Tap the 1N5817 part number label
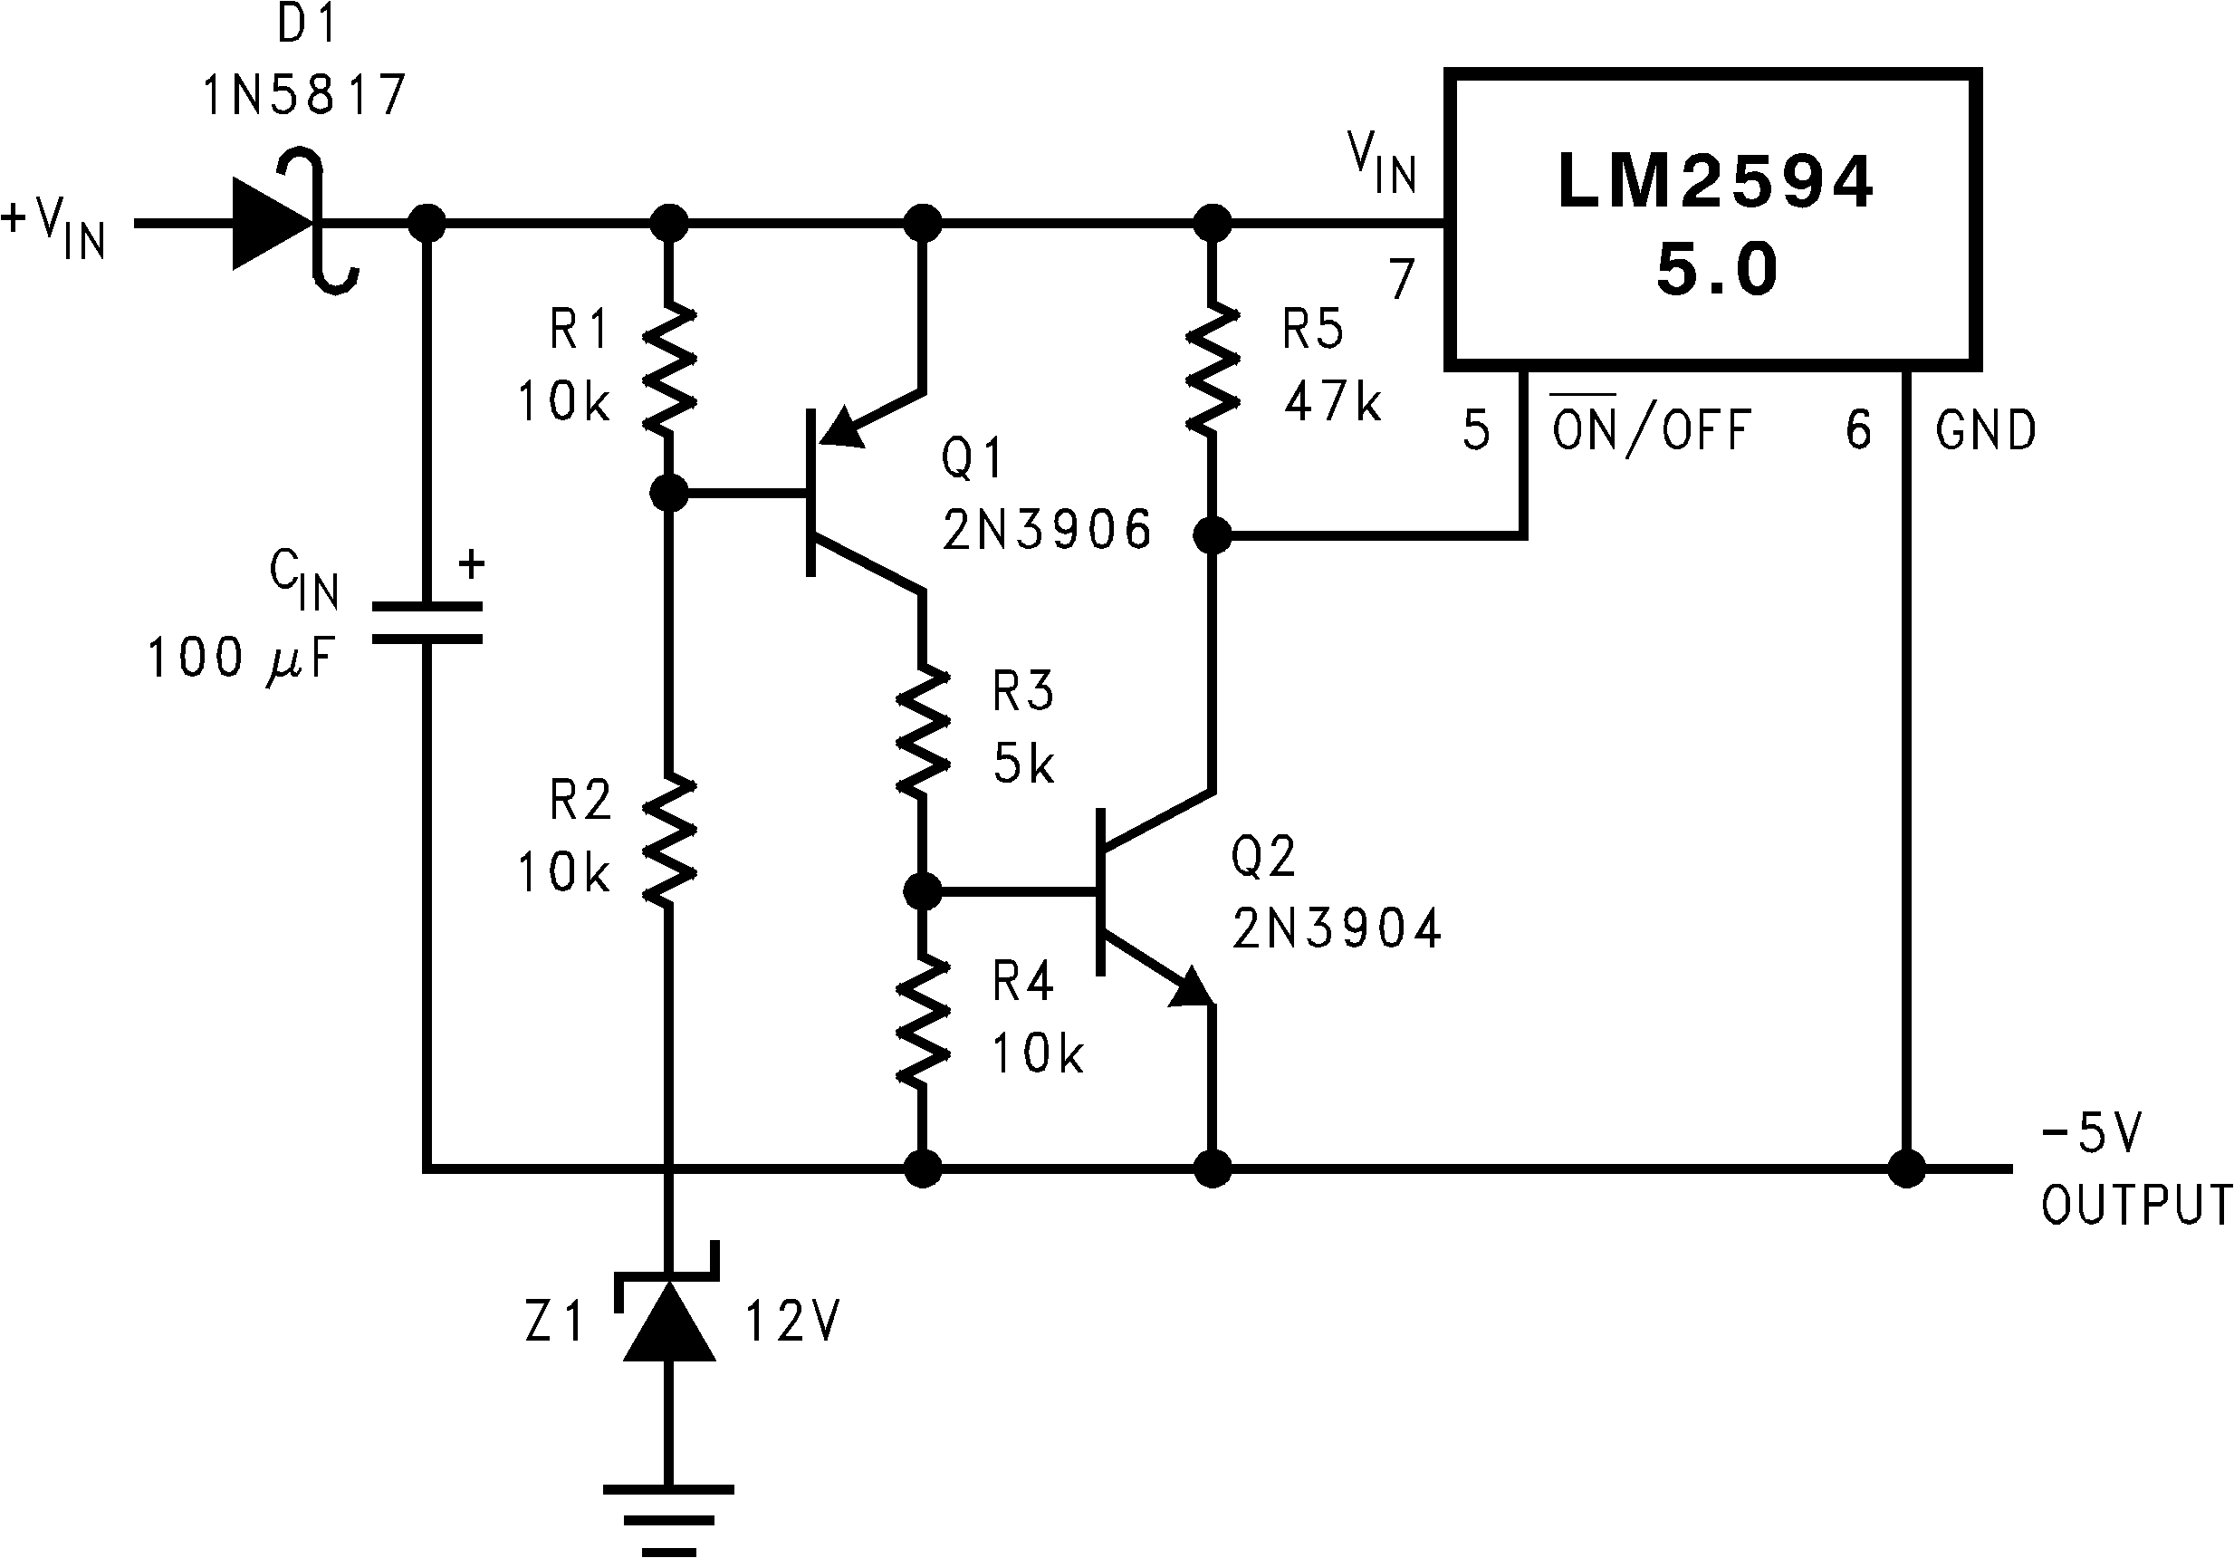[304, 95]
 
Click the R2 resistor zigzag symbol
[669, 840]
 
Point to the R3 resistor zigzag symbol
[923, 731]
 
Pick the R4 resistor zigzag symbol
[923, 1021]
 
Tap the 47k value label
[1332, 401]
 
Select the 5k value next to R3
[1023, 763]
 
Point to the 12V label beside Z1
[792, 1322]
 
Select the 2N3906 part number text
[1047, 531]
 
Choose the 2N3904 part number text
[1336, 928]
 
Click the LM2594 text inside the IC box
[1715, 182]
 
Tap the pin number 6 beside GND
[1858, 430]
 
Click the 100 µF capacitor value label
[240, 659]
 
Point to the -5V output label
[2091, 1134]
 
